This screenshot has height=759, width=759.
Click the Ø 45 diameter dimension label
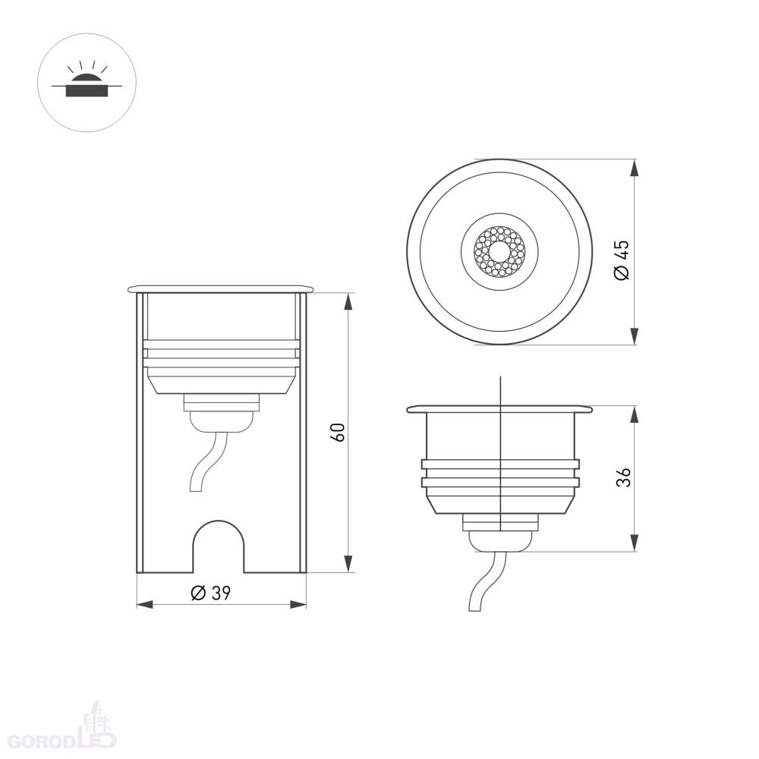tap(622, 260)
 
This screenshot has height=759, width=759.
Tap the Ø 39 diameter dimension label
tap(210, 593)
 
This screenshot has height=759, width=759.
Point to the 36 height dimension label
tap(623, 477)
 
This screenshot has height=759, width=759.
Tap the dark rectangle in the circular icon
tap(87, 90)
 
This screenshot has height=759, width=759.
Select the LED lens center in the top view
tap(499, 251)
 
